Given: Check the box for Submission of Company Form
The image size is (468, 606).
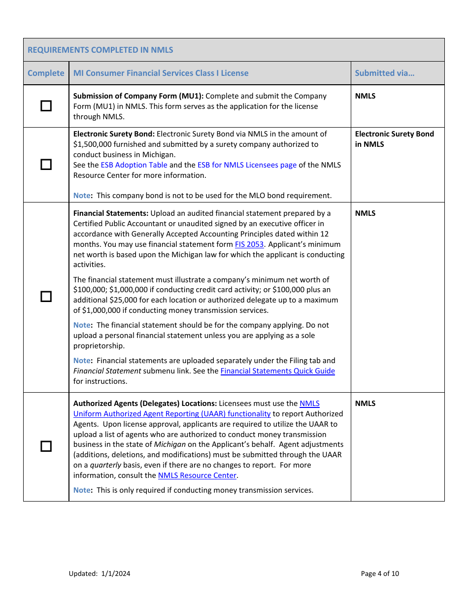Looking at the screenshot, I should [46, 106].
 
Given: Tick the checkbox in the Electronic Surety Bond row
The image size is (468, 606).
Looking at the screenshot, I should [46, 165].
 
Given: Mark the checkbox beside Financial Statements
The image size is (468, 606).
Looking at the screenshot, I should [46, 297].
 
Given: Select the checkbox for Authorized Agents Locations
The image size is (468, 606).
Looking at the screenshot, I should [46, 446].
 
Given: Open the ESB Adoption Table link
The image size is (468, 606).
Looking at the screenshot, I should [134, 165].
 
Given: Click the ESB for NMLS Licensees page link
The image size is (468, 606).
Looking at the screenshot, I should [247, 165].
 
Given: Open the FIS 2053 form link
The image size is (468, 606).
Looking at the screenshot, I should [249, 244].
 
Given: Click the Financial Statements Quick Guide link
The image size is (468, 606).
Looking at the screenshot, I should [277, 371].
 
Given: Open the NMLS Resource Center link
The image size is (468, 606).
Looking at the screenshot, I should [197, 475].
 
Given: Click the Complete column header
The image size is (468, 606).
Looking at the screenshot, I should [46, 73].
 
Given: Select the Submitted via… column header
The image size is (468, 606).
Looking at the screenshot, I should [384, 73].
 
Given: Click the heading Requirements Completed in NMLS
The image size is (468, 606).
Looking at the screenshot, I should [100, 50].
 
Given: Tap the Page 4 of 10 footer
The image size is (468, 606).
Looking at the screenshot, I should [380, 573].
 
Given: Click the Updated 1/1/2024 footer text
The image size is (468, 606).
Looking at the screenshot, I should [100, 573].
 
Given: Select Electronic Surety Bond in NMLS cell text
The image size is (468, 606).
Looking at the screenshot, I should [394, 139].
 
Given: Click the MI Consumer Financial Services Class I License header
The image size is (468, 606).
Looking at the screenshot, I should [161, 73].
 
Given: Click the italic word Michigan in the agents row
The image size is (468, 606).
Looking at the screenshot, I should [170, 444].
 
